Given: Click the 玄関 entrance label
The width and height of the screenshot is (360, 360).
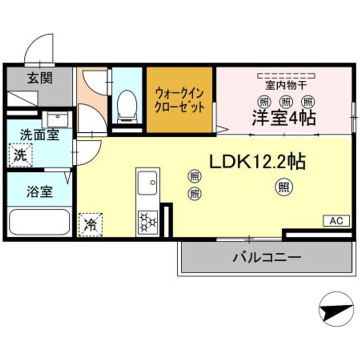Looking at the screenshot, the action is click(x=40, y=78).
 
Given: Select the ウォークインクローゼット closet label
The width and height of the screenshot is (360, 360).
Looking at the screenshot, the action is click(x=179, y=100).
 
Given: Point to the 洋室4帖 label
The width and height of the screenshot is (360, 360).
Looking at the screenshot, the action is click(x=284, y=118).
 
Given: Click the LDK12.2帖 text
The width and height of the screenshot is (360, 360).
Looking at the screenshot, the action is click(x=257, y=161).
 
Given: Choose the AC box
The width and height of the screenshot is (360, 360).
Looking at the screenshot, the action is click(x=336, y=221).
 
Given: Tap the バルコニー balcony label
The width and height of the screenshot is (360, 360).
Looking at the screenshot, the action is click(x=267, y=257).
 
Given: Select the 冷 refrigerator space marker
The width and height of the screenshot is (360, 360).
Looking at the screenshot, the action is click(x=90, y=225).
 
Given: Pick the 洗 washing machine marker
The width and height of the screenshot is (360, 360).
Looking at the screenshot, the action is click(x=20, y=155).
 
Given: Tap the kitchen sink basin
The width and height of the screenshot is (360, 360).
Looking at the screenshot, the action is click(x=147, y=183).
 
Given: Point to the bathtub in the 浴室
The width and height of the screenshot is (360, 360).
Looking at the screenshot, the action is click(x=39, y=222).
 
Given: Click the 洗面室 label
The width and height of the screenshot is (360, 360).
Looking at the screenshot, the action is click(x=39, y=135).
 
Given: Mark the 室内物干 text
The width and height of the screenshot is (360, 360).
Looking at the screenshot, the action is click(x=286, y=85).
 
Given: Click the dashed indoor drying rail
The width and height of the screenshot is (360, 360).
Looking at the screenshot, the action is click(x=286, y=75).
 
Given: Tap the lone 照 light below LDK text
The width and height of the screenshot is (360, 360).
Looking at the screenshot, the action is click(x=284, y=187).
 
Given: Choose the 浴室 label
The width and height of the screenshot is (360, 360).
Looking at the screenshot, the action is click(x=39, y=191).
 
